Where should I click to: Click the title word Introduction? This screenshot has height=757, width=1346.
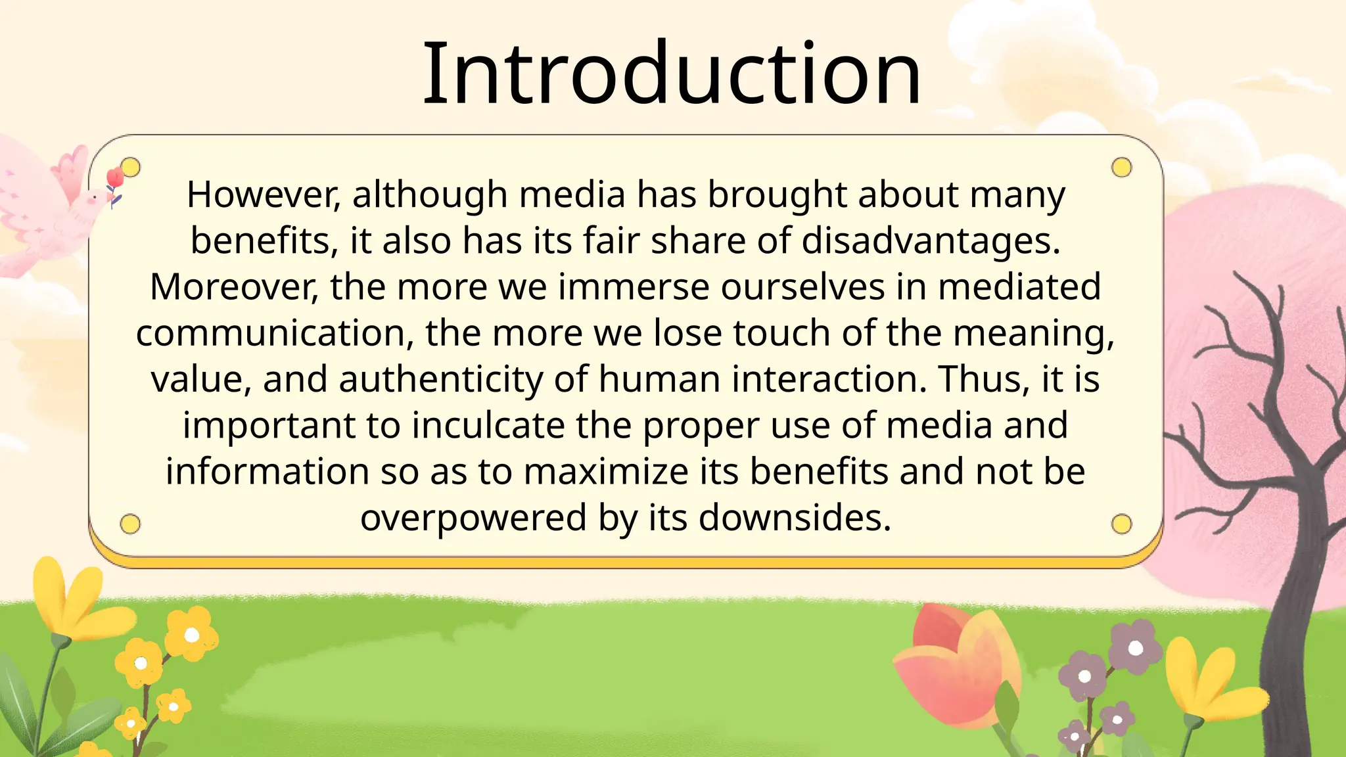tap(672, 74)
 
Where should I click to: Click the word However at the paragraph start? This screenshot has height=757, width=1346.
tap(263, 195)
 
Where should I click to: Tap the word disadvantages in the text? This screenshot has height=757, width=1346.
tap(931, 241)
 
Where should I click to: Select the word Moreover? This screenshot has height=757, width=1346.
tap(234, 287)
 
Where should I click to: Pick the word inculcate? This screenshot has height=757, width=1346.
tap(488, 426)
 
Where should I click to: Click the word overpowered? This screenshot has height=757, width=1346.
tap(473, 518)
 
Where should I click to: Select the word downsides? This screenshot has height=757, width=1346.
tap(795, 518)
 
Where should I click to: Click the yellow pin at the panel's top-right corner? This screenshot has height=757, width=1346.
tap(1121, 168)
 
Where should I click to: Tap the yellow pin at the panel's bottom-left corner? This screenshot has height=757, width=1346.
tap(130, 524)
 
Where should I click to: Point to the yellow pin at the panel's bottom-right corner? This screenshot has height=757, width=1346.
tap(1121, 524)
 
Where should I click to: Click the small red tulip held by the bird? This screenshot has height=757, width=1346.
tap(115, 177)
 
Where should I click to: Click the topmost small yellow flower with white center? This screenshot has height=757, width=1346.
tap(191, 635)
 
